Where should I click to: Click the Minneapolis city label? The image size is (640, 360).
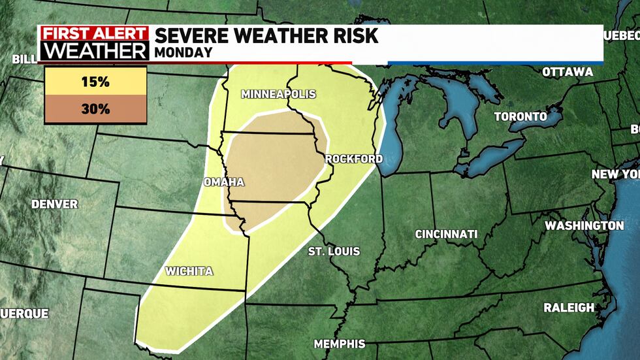pos(278,94)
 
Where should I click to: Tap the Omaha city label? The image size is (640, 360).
pos(223,182)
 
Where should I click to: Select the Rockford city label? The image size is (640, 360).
pos(353,159)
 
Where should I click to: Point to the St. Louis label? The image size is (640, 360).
pos(334,251)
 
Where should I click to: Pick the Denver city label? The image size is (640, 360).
pos(54,205)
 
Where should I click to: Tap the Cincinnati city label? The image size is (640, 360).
pos(447,234)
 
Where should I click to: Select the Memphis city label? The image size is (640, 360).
pos(339,344)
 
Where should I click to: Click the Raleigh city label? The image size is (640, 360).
pos(569,307)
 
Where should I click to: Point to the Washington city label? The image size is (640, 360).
pos(584,225)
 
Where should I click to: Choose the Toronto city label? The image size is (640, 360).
pos(520,117)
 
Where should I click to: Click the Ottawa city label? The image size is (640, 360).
pos(568,72)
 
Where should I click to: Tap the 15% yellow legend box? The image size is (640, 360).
pos(95,83)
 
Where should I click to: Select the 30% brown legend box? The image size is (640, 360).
pos(95,109)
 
